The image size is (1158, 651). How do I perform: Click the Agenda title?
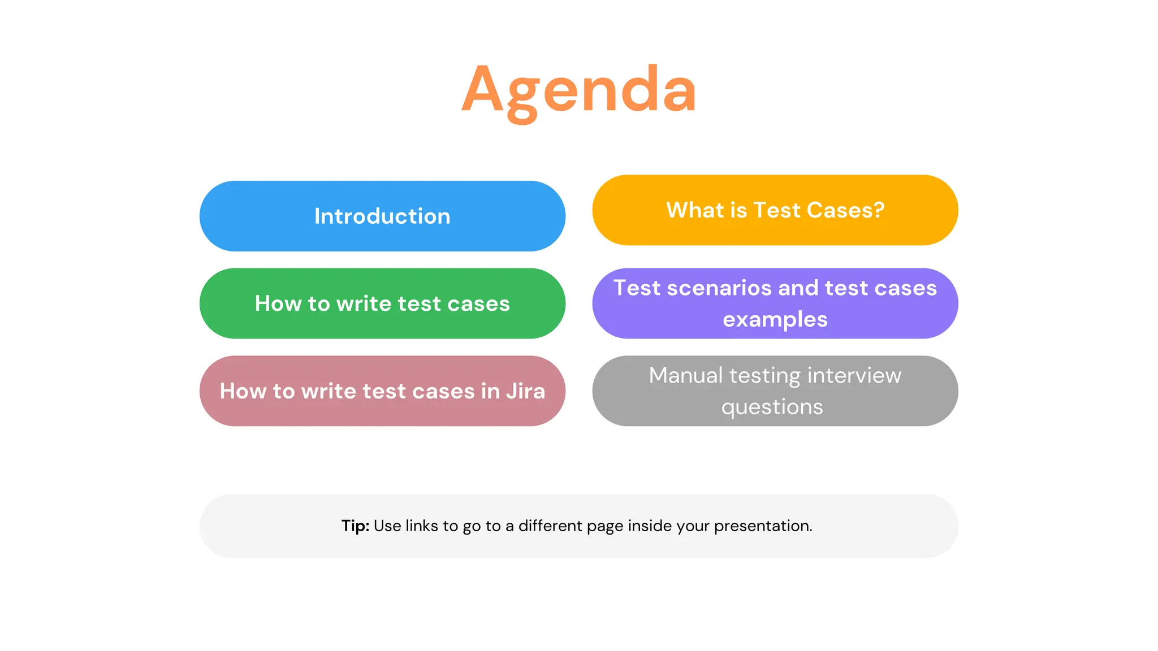[579, 90]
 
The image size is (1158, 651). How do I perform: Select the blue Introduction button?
[382, 216]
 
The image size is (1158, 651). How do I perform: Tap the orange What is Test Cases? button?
[775, 210]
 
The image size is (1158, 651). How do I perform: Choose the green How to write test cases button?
[382, 303]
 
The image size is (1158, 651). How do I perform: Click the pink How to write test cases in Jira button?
[382, 391]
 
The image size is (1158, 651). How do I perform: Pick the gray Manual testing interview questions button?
[775, 391]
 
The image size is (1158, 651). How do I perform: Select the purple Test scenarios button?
[775, 303]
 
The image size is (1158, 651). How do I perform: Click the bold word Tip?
[355, 526]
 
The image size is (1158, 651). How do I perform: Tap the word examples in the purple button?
[775, 320]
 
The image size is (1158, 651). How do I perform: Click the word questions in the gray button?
[772, 407]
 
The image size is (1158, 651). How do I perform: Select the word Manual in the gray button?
[685, 376]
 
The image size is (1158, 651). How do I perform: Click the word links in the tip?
[421, 526]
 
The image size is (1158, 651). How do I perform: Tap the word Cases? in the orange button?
[845, 210]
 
